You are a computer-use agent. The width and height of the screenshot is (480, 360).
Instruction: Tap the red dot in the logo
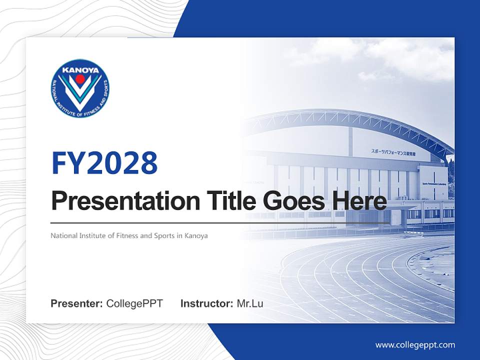[x=80, y=79]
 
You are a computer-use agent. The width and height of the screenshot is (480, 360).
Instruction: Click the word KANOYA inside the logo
[x=80, y=70]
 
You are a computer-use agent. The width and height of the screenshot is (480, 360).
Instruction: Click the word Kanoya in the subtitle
[x=195, y=235]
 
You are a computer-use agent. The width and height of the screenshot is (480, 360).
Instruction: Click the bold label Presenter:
[x=77, y=303]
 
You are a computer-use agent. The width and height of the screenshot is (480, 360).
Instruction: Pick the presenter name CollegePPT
[x=134, y=303]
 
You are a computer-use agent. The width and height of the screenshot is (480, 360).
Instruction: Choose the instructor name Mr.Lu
[x=249, y=303]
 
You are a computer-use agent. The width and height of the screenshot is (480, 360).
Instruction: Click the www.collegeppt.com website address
[x=415, y=344]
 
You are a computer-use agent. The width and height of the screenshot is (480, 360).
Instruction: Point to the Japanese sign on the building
[x=393, y=151]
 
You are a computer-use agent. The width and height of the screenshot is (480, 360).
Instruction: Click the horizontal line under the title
[x=220, y=222]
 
